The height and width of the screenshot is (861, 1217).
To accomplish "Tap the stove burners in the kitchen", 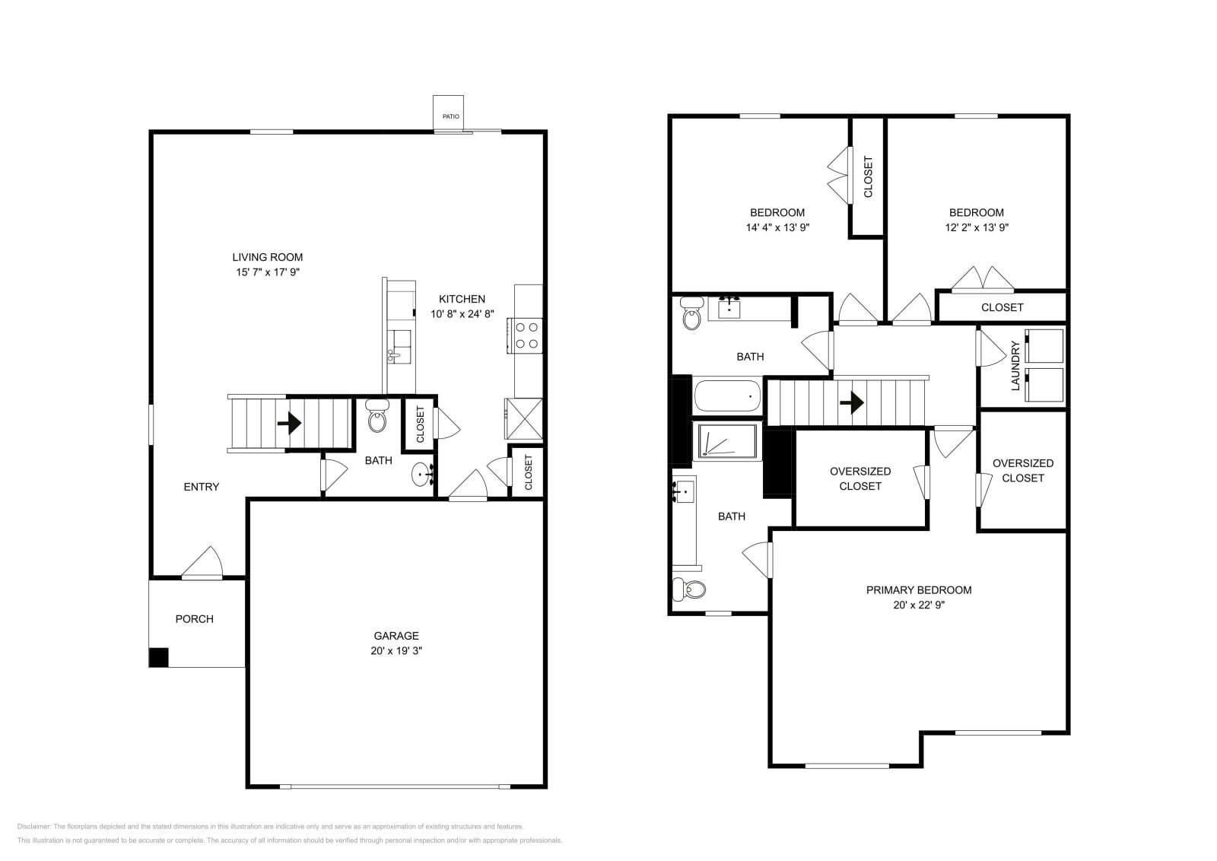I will click(526, 335).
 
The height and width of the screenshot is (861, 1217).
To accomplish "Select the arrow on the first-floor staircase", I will click(290, 423).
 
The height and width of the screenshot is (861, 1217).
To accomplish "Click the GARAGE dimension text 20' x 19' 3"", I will click(396, 651).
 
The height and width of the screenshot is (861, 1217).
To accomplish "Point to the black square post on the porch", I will click(158, 657).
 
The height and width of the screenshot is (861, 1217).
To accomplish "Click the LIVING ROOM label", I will click(267, 257).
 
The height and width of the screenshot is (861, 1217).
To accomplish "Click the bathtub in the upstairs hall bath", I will click(727, 396).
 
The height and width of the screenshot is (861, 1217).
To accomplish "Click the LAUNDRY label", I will click(1015, 366).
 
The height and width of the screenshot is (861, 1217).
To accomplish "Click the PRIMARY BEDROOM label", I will click(919, 589).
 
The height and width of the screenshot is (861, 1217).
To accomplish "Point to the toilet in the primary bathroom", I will click(690, 589).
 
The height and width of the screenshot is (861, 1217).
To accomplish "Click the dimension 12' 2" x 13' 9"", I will click(977, 227).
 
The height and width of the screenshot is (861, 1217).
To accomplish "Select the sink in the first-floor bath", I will click(421, 475).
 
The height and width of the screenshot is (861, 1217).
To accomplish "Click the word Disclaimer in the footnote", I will click(33, 826).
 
